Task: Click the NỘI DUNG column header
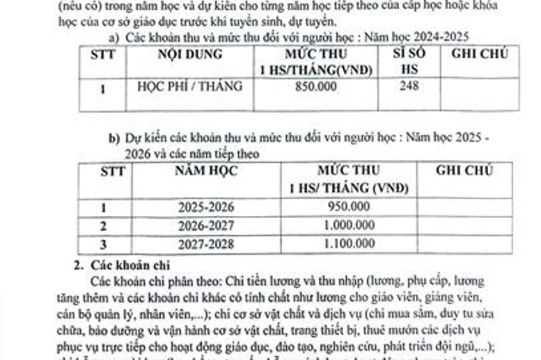[190, 54]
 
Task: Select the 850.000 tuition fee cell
[315, 87]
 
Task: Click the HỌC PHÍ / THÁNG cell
[190, 87]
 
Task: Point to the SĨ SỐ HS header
[409, 61]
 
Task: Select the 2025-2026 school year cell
[205, 208]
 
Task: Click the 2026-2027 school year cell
[205, 226]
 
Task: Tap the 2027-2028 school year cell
[205, 244]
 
